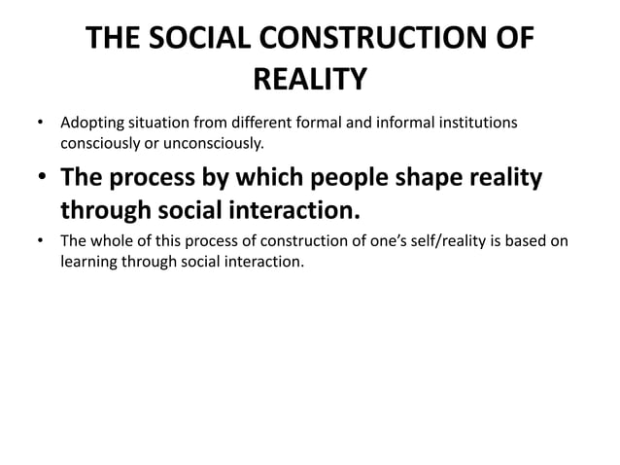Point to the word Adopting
(x=90, y=124)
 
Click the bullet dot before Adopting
(x=40, y=125)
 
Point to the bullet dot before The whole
(x=40, y=242)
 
